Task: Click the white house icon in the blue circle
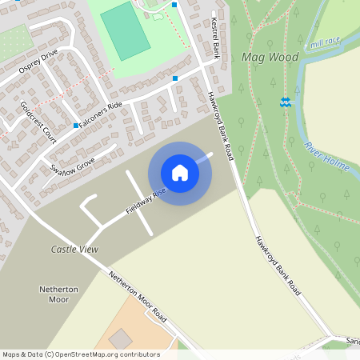[180, 173]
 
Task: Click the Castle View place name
[74, 250]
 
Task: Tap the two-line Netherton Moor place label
[54, 294]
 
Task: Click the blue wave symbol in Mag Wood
[285, 103]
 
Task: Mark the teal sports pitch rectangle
[126, 30]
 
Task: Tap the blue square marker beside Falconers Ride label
[76, 126]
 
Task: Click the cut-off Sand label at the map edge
[353, 341]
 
